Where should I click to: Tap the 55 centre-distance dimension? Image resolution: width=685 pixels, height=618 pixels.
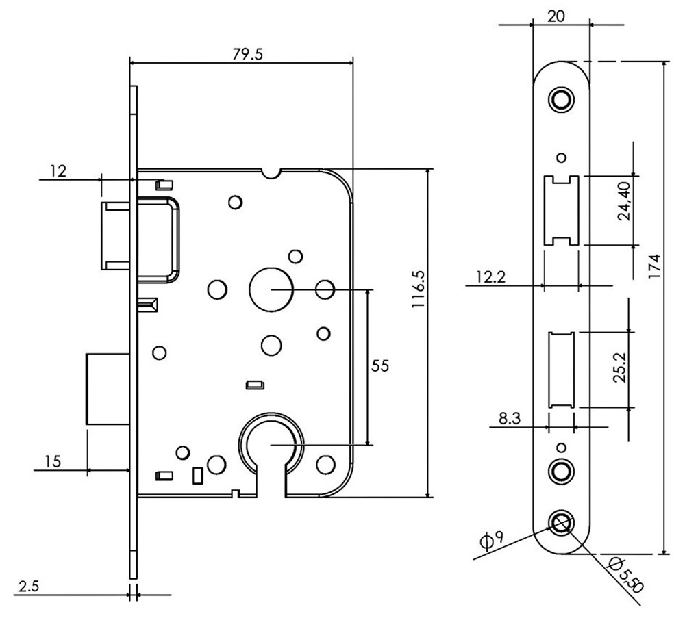380,366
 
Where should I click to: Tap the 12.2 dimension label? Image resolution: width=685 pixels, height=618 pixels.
491,276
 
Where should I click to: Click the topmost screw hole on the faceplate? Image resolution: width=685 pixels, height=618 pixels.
562,98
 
